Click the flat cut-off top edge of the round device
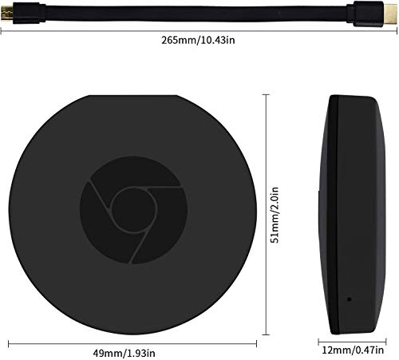pos(134,96)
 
